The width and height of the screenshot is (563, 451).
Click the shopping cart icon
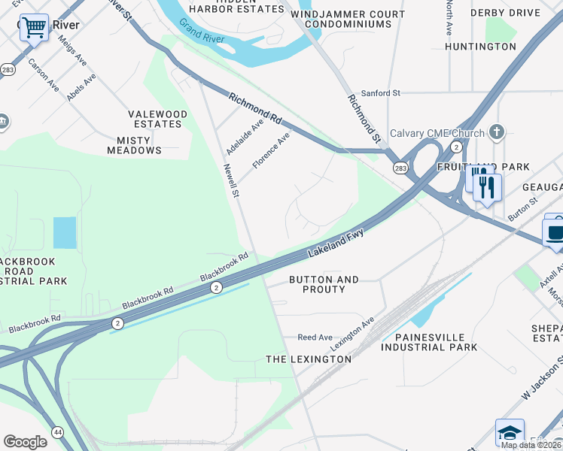(34, 28)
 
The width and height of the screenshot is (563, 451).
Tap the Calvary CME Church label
(437, 134)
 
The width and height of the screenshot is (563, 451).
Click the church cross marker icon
(495, 132)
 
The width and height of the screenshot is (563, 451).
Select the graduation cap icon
(510, 433)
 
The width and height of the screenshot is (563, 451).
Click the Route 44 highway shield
(57, 431)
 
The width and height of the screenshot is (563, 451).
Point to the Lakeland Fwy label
(336, 244)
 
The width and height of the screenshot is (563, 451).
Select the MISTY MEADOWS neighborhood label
(139, 145)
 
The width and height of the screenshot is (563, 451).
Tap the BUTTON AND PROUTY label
(324, 284)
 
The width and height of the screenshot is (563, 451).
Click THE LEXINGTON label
(309, 359)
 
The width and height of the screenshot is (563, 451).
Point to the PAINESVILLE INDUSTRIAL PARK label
(428, 342)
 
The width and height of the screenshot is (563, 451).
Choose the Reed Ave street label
(315, 338)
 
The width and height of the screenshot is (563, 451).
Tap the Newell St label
(230, 181)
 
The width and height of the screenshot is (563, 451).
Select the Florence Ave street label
(271, 150)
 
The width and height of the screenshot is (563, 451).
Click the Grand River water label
(199, 31)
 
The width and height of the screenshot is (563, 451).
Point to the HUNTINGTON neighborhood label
(480, 47)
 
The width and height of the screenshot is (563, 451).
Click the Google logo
(26, 442)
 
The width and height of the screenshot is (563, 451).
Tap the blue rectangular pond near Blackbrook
(65, 232)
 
